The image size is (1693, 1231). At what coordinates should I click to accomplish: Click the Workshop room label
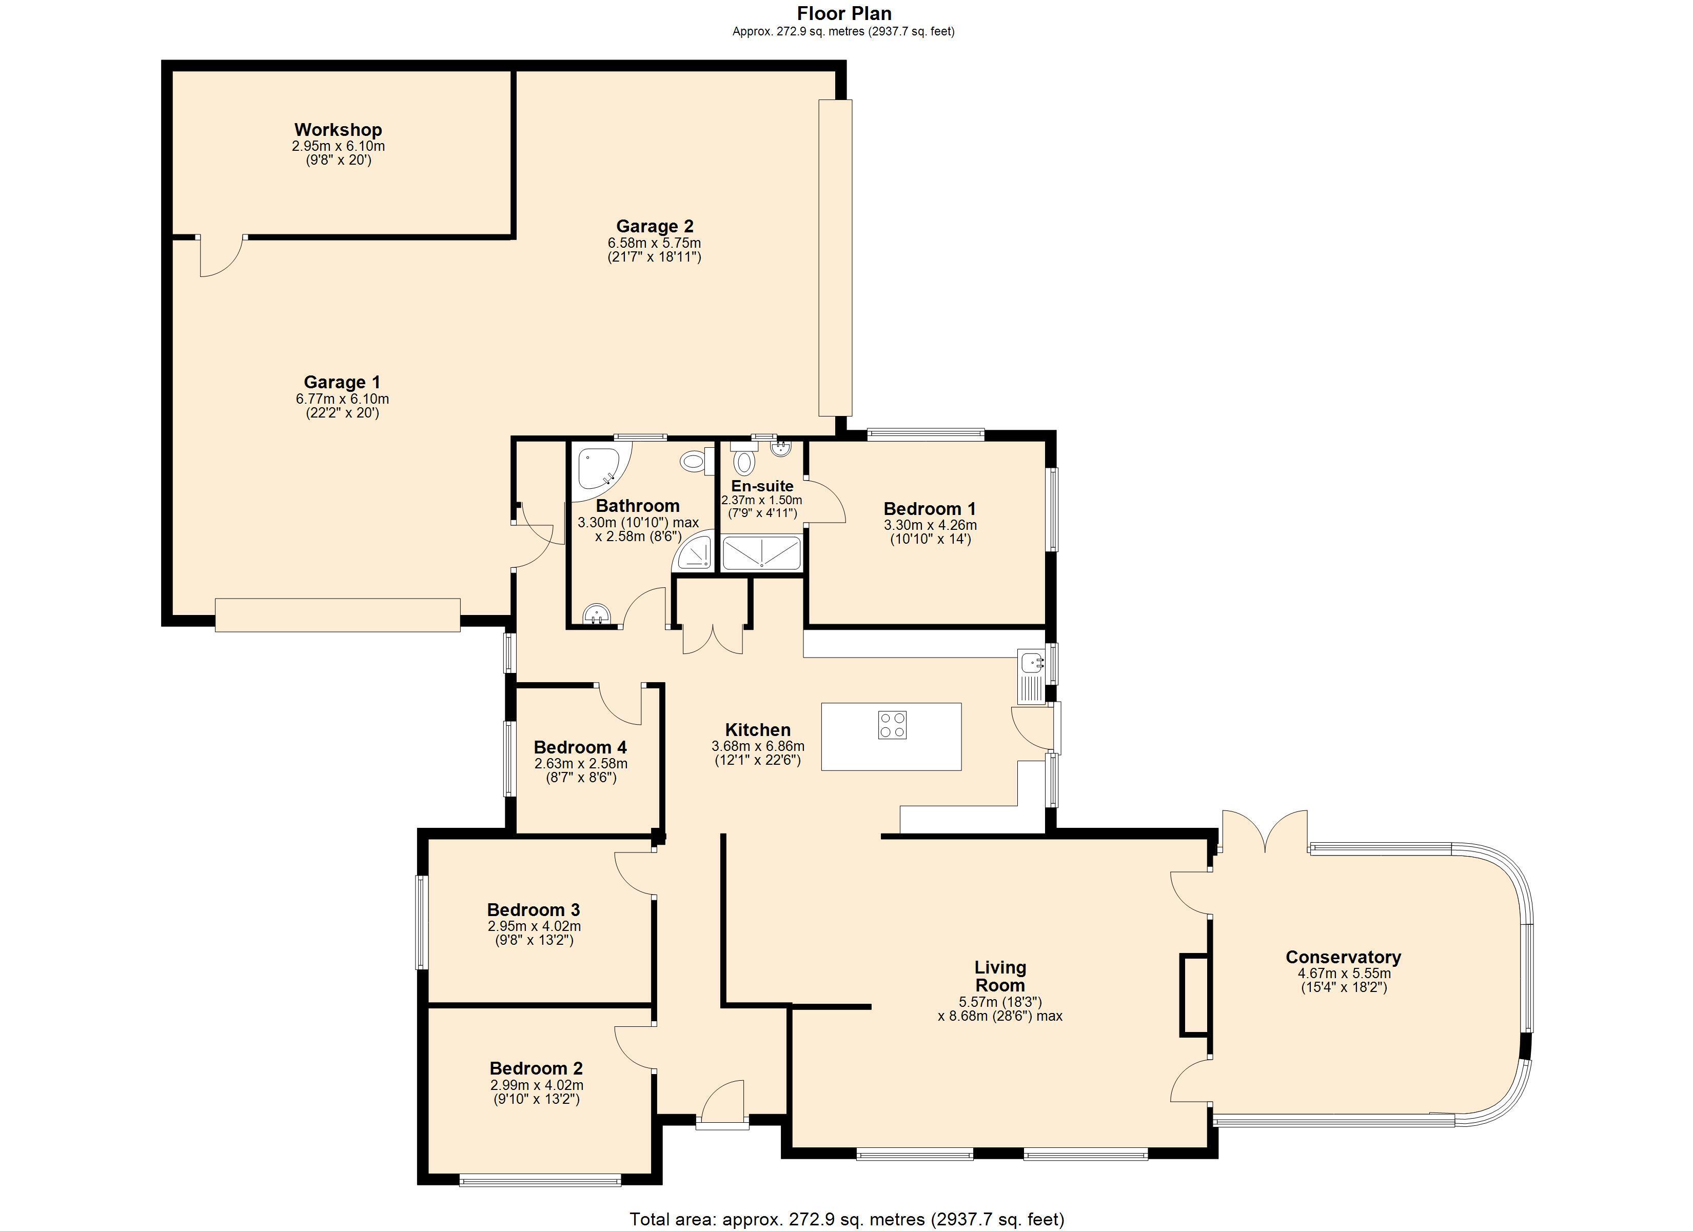pos(338,130)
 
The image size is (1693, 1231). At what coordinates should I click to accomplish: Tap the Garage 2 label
pos(655,226)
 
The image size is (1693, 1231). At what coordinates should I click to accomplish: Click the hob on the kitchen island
pos(892,725)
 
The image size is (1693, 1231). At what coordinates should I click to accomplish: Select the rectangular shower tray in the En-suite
pos(761,553)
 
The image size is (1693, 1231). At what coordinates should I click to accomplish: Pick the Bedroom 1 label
pos(930,509)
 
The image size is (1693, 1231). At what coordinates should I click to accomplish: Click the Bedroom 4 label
pos(580,747)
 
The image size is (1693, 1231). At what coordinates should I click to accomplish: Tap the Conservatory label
pos(1344,957)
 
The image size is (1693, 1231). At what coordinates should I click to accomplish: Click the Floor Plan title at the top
pos(844,13)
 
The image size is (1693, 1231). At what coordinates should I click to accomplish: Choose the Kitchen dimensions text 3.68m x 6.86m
pos(758,746)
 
